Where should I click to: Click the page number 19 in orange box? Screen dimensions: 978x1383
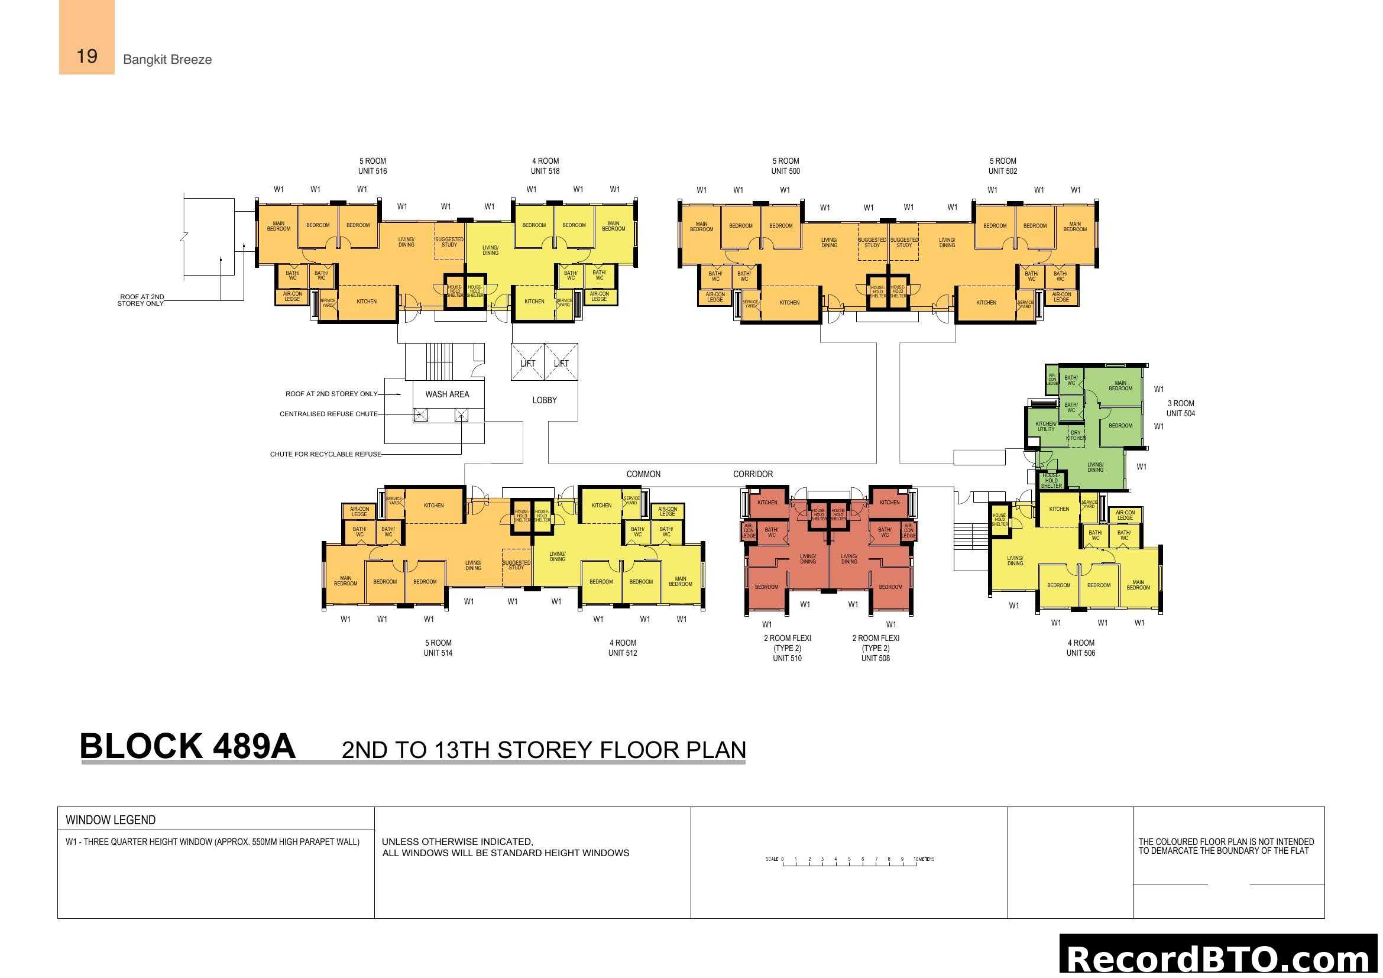[87, 56]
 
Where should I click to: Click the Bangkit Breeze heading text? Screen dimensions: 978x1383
[167, 60]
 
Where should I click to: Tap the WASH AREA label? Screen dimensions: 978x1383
[446, 394]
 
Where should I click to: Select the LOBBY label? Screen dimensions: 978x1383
[544, 400]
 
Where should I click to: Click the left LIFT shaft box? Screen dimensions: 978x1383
[527, 362]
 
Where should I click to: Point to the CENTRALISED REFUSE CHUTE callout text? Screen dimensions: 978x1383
[328, 414]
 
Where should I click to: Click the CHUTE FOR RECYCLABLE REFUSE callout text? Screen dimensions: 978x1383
[325, 454]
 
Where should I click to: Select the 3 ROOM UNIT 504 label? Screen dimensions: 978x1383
[1180, 409]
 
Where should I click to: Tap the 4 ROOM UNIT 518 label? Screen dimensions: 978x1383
[545, 166]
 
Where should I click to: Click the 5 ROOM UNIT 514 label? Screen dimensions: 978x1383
[438, 647]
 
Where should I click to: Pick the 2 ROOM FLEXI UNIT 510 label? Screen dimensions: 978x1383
[786, 648]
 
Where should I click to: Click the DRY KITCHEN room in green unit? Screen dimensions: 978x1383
[1075, 435]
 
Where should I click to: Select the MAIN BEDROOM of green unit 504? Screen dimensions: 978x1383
[1120, 386]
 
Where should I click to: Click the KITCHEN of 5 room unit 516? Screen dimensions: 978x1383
[366, 302]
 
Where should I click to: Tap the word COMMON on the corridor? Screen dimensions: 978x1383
[643, 474]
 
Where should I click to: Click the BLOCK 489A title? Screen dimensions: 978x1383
[187, 746]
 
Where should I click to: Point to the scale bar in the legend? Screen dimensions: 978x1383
[849, 861]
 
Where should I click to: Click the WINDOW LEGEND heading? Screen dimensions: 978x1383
[110, 820]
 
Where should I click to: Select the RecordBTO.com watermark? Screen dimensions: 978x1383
[1219, 957]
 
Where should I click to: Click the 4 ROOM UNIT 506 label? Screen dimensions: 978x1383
[1080, 647]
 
